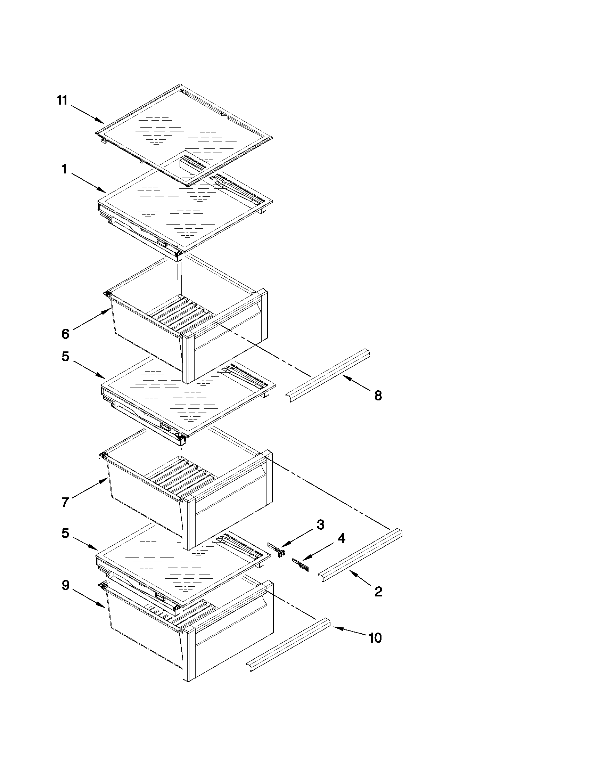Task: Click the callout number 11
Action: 62,100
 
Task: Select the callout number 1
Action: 64,170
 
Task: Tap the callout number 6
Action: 65,334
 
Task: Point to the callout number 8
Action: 378,396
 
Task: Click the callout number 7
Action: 65,502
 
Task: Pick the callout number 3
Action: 320,525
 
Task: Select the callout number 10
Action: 375,638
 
